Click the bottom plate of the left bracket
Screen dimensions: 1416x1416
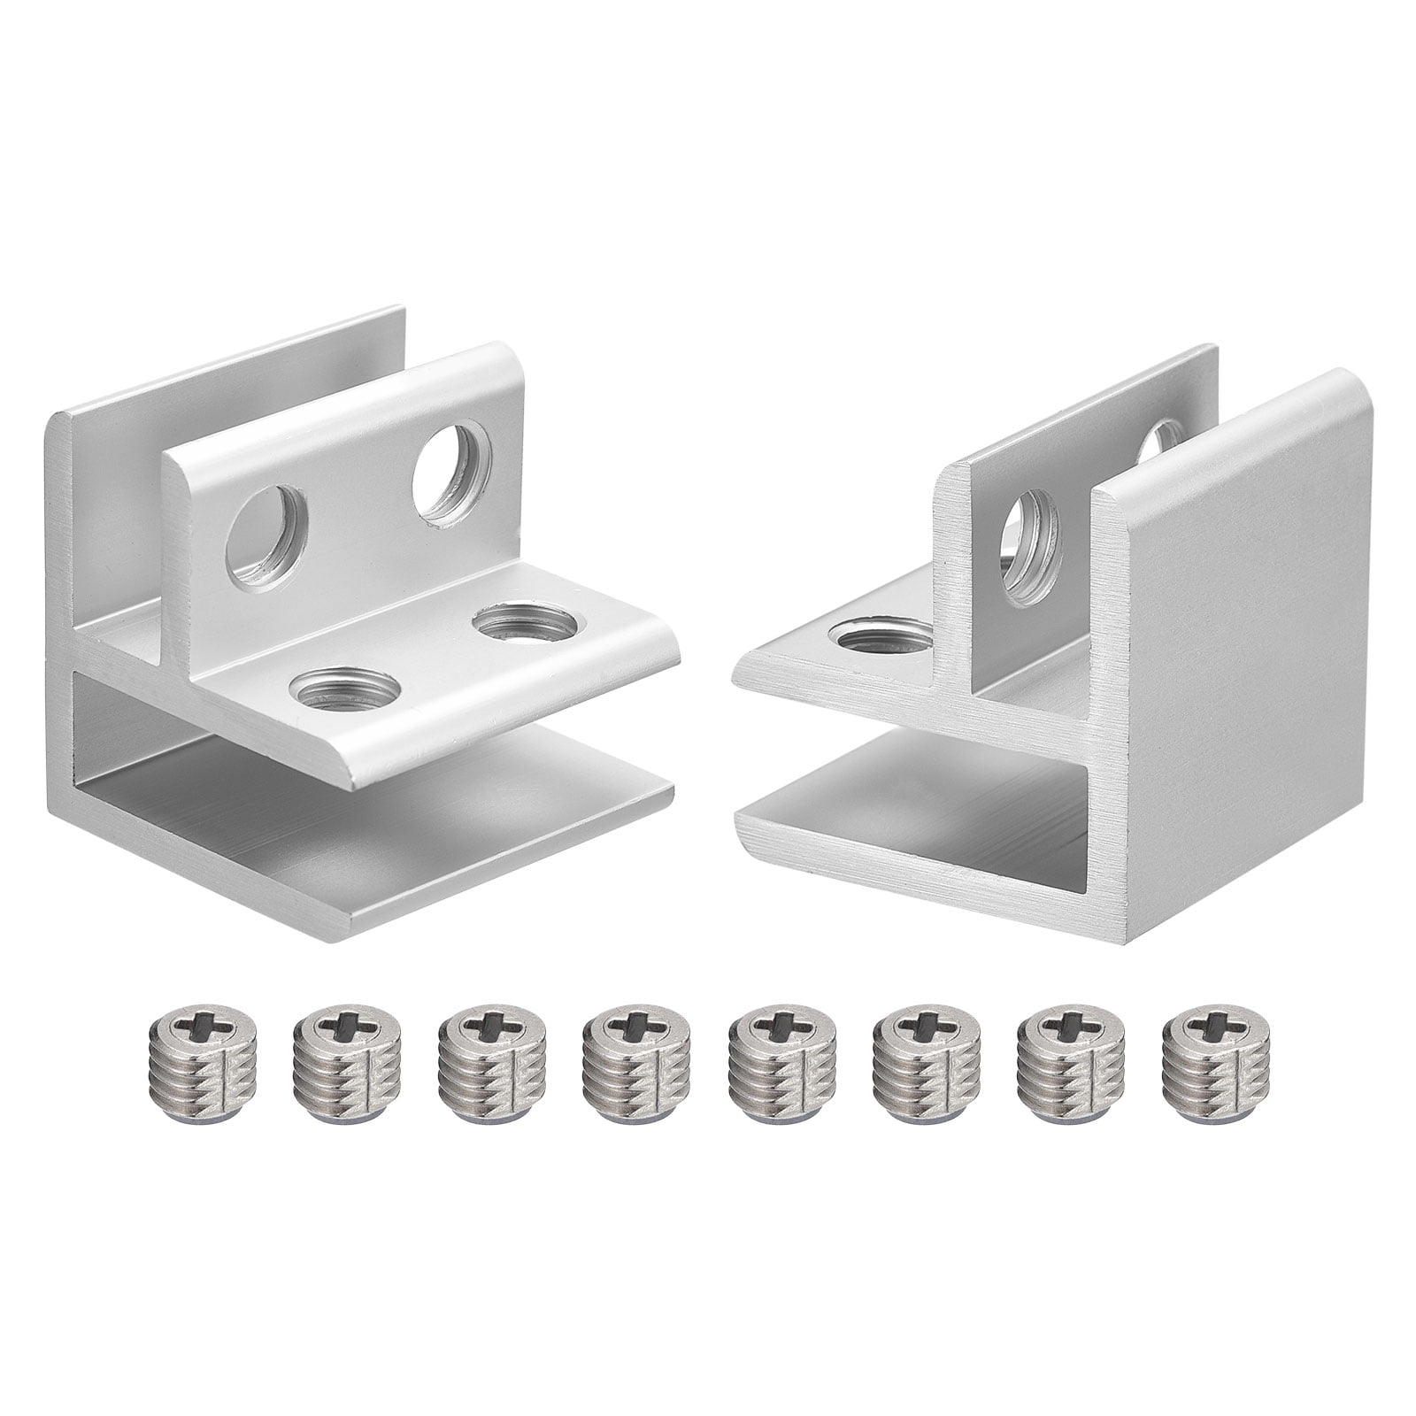click(x=398, y=850)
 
